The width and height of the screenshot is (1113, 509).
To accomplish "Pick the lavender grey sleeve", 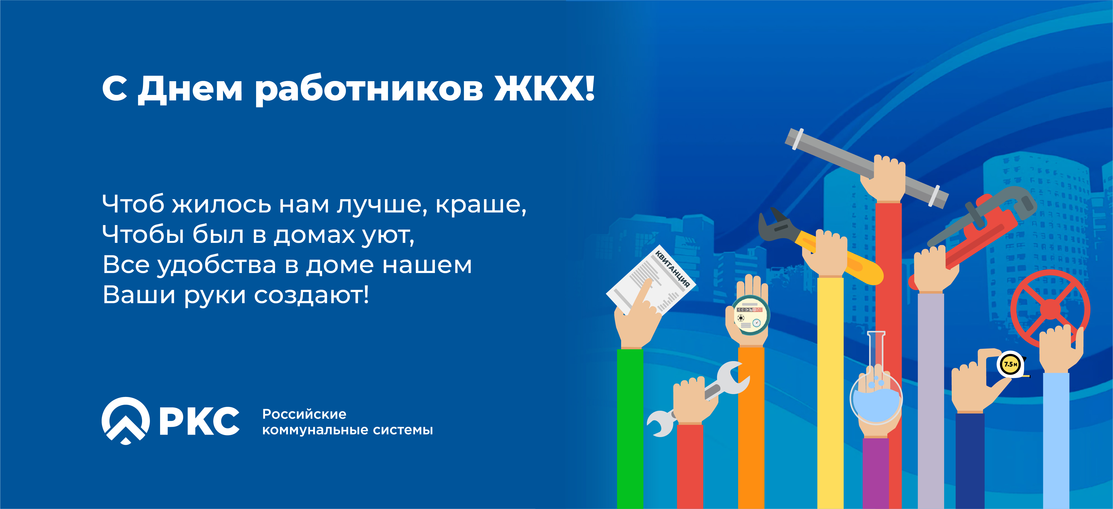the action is click(x=931, y=401).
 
